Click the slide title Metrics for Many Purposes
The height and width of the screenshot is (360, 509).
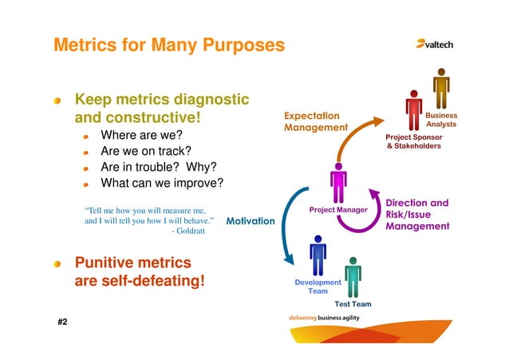pos(168,45)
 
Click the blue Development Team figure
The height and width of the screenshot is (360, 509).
pos(318,256)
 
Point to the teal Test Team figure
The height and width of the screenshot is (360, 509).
pos(353,275)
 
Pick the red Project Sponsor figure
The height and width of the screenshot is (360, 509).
pos(413,112)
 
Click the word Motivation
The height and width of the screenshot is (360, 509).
pos(251,221)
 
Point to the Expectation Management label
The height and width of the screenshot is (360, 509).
pos(316,121)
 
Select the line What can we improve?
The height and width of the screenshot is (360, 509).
pos(162,183)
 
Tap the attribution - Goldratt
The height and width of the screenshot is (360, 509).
pos(188,231)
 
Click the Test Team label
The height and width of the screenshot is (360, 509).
pos(353,304)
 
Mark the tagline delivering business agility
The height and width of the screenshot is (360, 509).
pos(334,318)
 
